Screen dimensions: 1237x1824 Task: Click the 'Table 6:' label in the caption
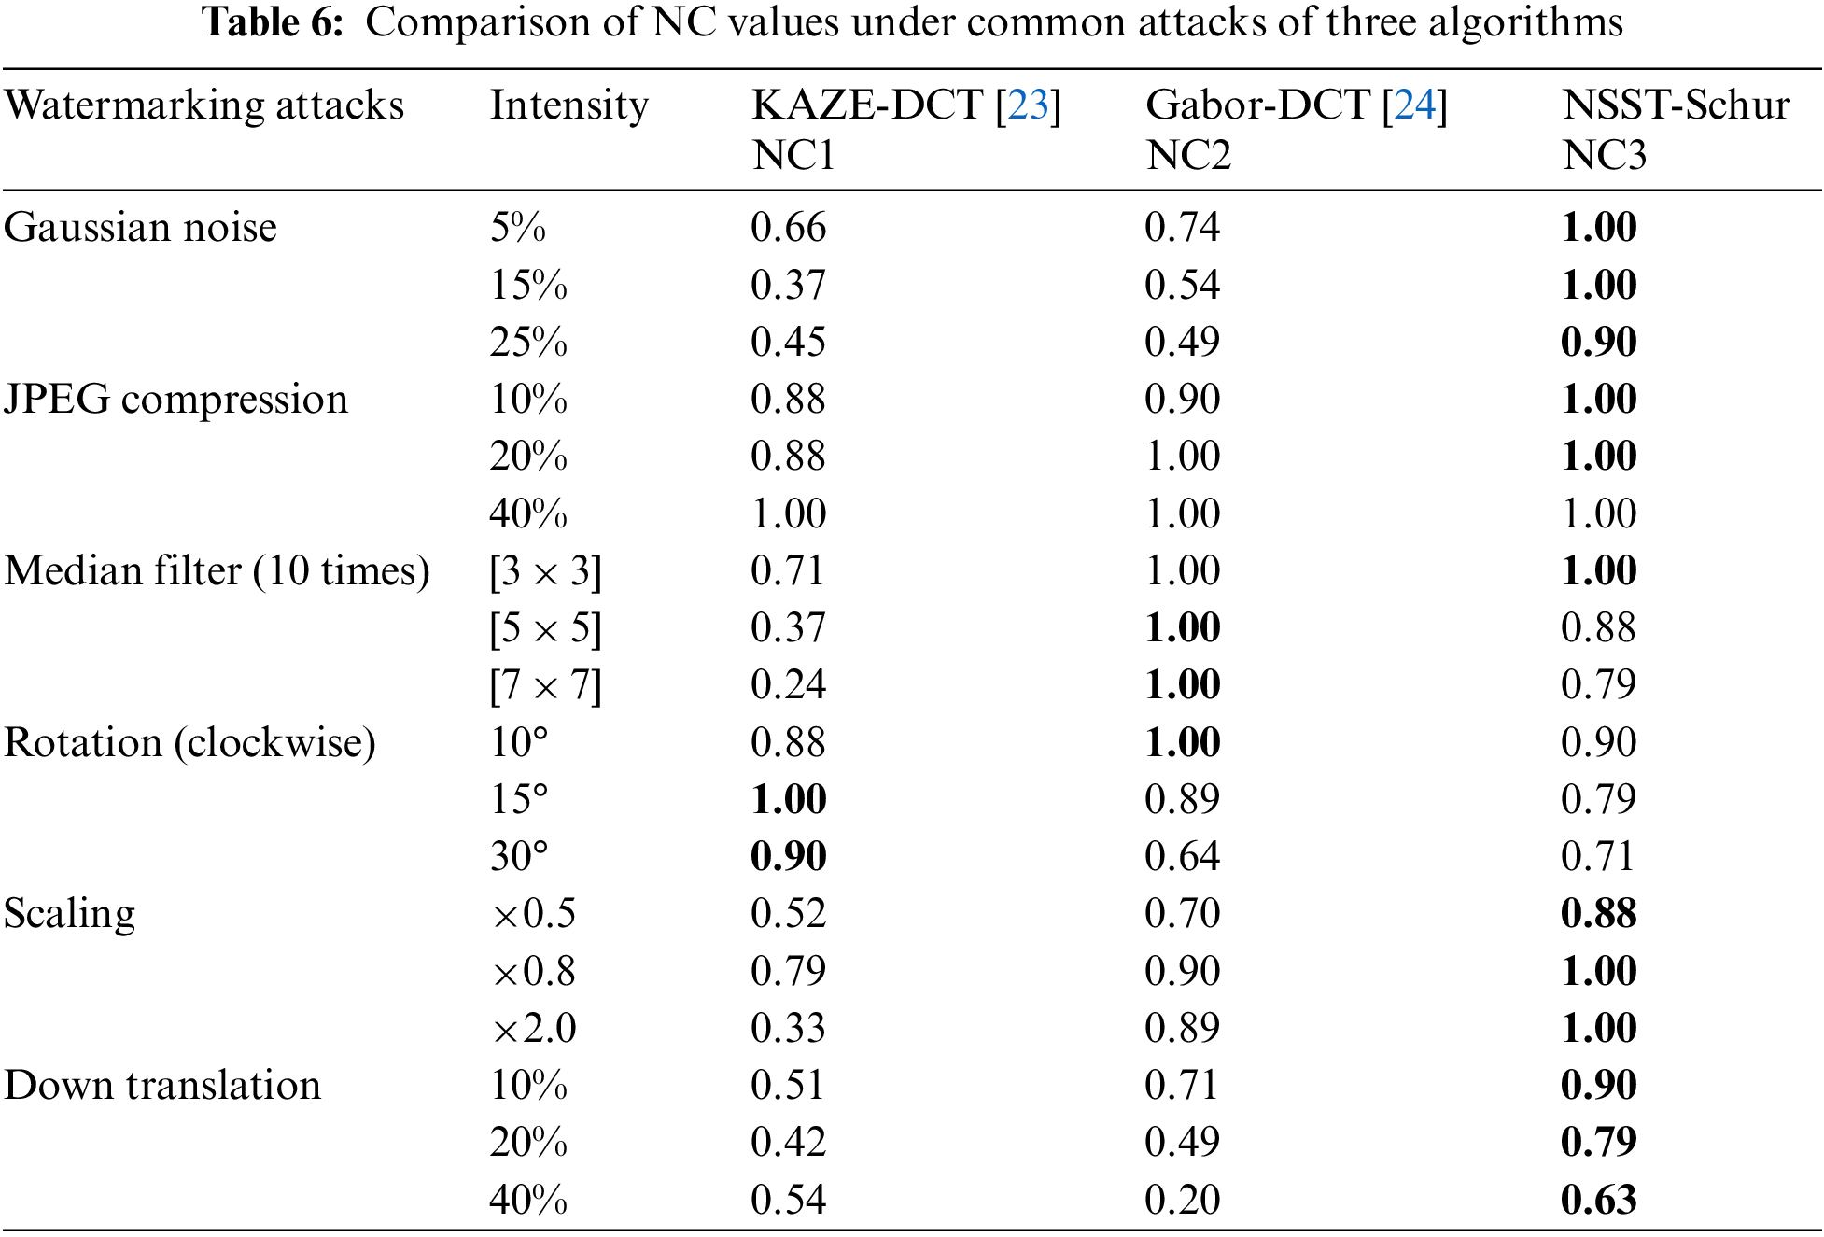[273, 22]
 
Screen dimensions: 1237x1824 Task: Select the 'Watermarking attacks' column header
[203, 105]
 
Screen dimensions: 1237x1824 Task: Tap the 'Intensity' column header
[568, 105]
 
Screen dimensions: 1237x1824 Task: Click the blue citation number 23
[1028, 105]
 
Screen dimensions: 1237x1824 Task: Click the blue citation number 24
[1414, 105]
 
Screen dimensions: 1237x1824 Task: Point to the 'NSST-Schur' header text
[1676, 105]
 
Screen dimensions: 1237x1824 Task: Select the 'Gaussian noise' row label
[140, 227]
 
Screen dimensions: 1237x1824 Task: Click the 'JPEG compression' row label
[175, 399]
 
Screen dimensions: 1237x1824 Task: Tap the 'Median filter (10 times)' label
[217, 570]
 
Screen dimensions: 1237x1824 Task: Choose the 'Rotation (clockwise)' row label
[189, 742]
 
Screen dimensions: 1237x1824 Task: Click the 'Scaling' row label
[69, 913]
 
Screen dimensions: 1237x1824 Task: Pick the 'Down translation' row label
[162, 1085]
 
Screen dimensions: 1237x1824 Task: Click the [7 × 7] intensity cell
[545, 685]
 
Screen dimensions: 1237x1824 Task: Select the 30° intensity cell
[519, 856]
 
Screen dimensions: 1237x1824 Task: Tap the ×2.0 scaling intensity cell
[534, 1028]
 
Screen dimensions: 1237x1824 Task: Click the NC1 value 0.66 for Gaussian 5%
[788, 227]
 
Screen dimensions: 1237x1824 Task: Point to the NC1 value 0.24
[788, 685]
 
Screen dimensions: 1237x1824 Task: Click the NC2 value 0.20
[1182, 1200]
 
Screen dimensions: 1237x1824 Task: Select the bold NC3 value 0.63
[1598, 1200]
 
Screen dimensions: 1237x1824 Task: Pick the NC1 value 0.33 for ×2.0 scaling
[788, 1028]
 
